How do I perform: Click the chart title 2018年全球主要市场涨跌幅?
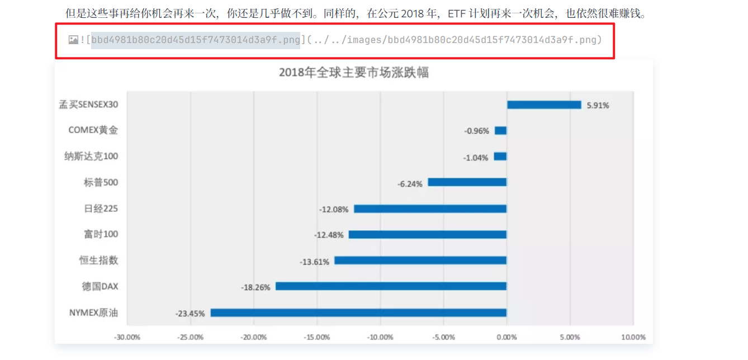353,73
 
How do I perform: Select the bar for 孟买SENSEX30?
544,105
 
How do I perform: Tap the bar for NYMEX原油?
358,312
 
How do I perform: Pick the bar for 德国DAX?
391,286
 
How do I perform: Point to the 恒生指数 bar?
420,260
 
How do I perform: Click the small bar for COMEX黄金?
500,131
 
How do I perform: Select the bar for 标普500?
467,182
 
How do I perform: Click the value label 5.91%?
598,105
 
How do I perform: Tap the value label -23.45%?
190,313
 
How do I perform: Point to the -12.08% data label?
334,209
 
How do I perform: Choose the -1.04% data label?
476,158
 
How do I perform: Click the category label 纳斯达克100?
91,157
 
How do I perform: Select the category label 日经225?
101,209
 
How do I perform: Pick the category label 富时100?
101,234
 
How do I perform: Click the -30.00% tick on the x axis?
127,337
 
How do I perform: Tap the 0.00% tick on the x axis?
506,337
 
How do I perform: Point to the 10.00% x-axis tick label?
633,337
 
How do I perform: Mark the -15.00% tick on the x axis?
317,337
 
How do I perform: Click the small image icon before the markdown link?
73,40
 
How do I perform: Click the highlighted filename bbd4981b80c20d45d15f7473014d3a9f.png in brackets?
196,40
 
